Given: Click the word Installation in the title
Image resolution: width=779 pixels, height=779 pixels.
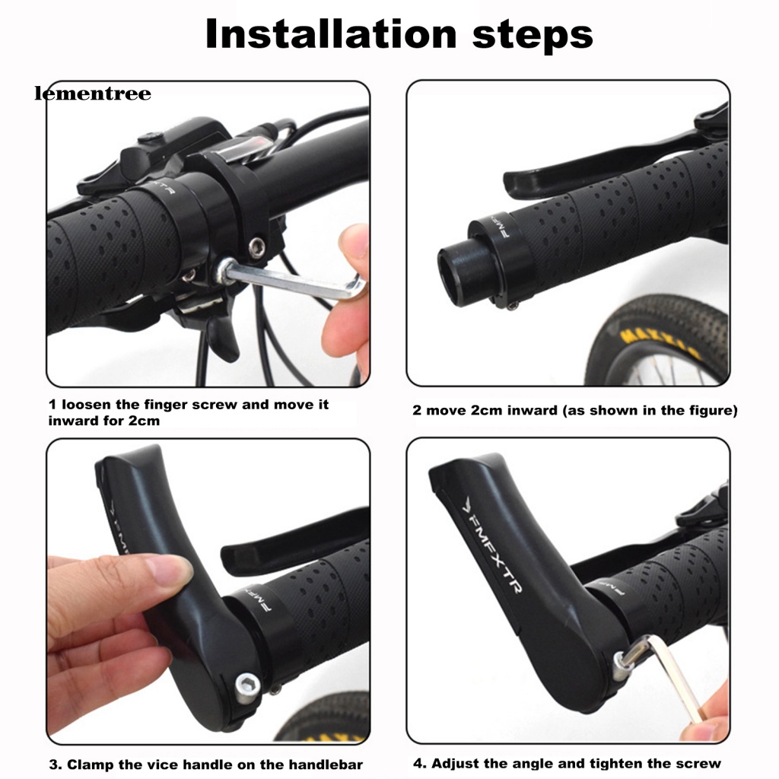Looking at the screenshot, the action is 331,33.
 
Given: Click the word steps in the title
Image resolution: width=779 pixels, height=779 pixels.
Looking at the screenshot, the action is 533,37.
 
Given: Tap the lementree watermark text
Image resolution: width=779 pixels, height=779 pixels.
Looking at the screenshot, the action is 93,94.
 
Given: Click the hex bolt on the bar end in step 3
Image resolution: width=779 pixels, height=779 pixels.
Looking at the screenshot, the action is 247,688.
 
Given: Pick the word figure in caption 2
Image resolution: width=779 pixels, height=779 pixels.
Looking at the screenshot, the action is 707,411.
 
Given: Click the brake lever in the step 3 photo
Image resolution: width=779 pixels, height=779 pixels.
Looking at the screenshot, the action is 293,539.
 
